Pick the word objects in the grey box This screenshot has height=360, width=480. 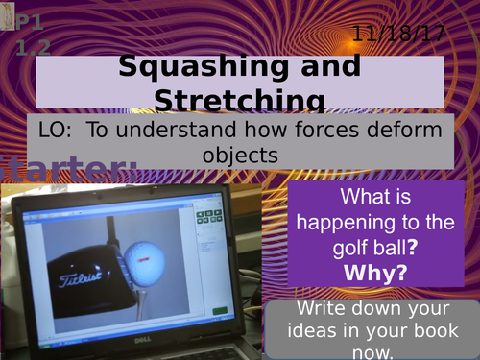click(240, 154)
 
